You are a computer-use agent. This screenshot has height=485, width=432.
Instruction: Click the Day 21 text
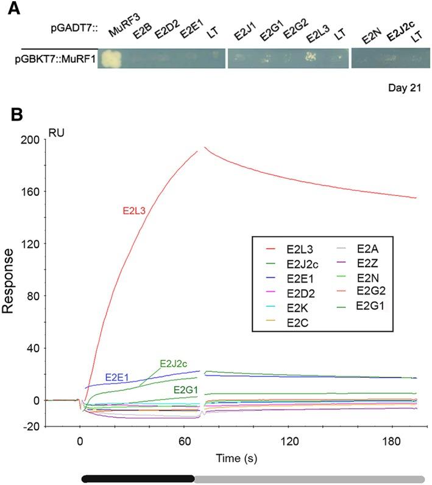[405, 88]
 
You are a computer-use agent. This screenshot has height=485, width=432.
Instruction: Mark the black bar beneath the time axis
[138, 479]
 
